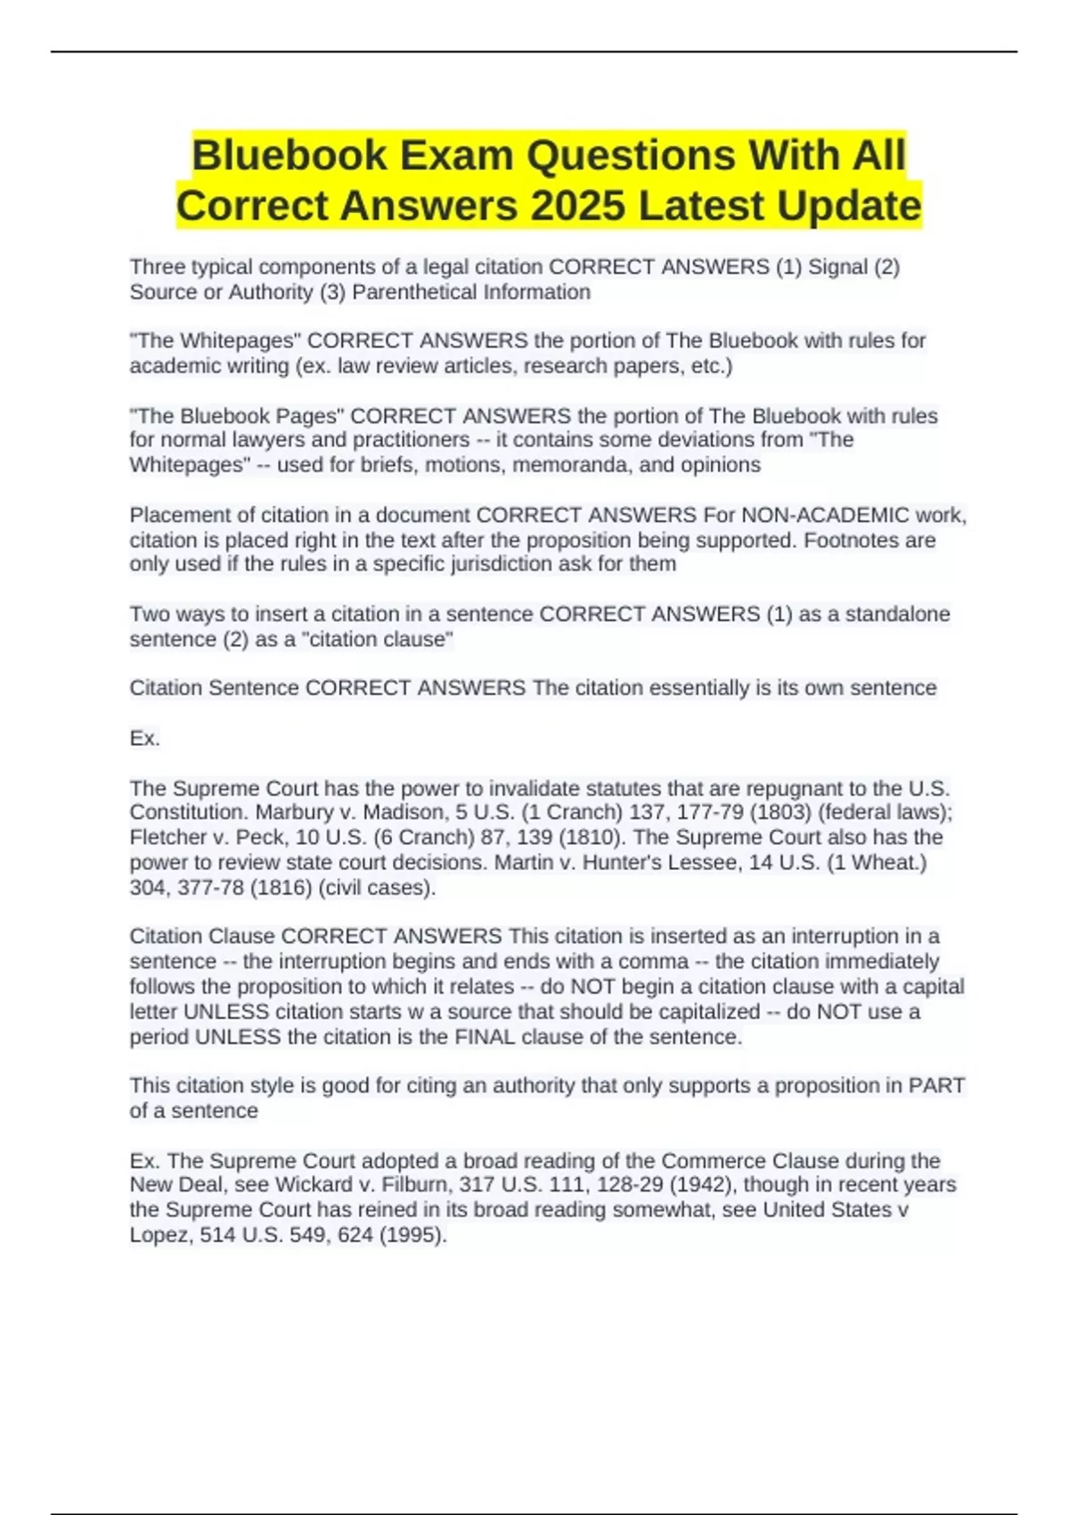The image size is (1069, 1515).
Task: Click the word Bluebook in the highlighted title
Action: [288, 156]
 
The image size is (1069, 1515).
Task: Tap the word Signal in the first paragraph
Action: [837, 267]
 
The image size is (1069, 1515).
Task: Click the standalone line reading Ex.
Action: [144, 739]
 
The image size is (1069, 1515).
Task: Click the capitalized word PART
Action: [936, 1085]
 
